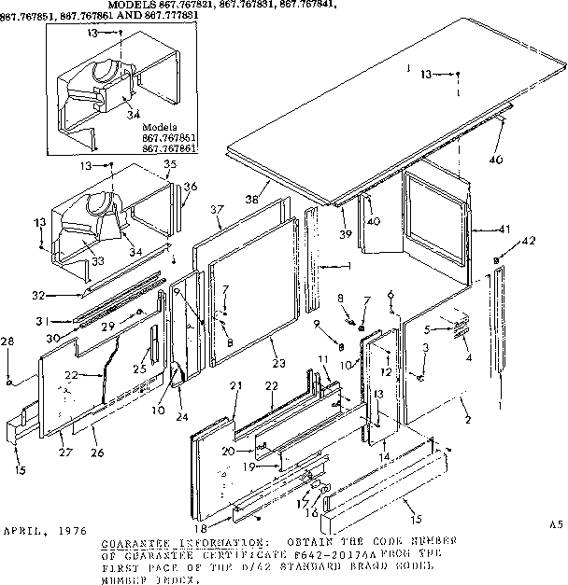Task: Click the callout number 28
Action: pos(8,343)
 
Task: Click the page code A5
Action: pos(554,527)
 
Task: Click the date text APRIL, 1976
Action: pos(40,527)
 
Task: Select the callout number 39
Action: pos(346,233)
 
